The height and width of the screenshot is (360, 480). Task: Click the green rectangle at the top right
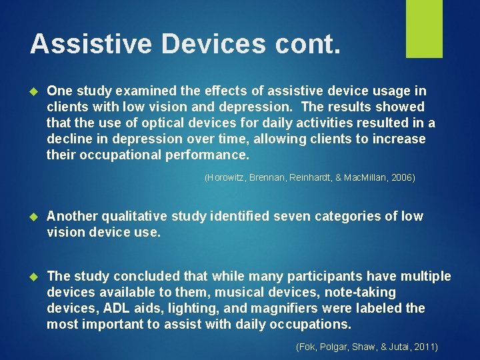coord(424,29)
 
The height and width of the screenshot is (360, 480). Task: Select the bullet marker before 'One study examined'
coord(36,91)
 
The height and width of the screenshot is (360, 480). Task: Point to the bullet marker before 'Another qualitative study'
coord(36,217)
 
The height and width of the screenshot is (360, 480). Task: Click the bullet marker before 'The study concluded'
coord(36,277)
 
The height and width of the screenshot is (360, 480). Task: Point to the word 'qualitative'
coord(131,217)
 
